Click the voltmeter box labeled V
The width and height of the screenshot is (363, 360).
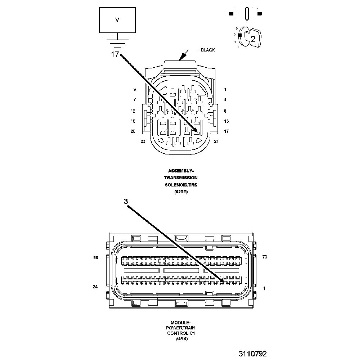(x=117, y=21)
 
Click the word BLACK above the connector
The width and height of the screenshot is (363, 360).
(x=208, y=50)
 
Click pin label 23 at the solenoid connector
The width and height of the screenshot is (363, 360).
(x=143, y=141)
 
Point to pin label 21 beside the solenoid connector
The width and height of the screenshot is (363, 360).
(x=216, y=141)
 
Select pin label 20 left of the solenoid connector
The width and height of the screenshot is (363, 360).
(x=133, y=131)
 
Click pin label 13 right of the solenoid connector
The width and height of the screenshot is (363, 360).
(x=226, y=121)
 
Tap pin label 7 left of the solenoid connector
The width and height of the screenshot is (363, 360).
(x=134, y=99)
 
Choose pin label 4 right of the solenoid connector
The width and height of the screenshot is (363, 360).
(x=225, y=99)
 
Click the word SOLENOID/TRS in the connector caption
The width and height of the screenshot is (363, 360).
(x=181, y=185)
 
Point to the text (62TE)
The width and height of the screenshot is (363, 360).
(x=181, y=192)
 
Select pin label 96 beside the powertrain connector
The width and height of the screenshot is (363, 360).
(x=95, y=257)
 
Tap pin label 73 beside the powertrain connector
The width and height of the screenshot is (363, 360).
(x=265, y=257)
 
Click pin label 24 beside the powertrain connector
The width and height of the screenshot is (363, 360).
(x=95, y=287)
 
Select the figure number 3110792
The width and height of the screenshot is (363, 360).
(x=252, y=354)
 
